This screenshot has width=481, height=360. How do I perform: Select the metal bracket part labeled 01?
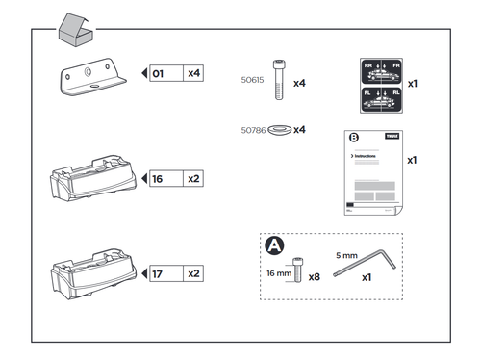tap(94, 79)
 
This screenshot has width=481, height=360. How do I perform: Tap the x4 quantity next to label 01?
tap(193, 72)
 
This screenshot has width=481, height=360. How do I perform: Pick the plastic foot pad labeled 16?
tap(90, 177)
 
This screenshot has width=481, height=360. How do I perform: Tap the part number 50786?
tap(251, 129)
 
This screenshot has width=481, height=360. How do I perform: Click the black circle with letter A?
tap(274, 247)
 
